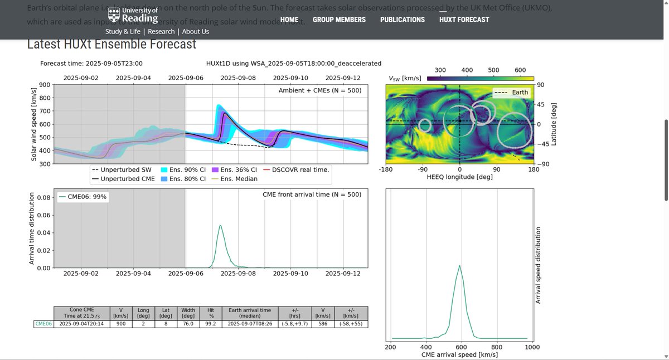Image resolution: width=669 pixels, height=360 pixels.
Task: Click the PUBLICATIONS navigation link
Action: pos(402,20)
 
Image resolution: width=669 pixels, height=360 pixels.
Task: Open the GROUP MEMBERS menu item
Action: pos(339,20)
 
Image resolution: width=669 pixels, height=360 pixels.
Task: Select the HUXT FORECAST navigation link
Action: pos(464,20)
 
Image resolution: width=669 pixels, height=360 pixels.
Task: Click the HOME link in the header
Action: pos(289,20)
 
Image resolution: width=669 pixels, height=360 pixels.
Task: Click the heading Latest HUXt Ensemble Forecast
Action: pos(111,44)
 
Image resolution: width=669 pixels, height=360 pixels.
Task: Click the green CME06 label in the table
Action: pos(43,324)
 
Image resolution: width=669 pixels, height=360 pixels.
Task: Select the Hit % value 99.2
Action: pos(210,324)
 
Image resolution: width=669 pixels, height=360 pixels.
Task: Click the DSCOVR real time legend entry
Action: pos(300,169)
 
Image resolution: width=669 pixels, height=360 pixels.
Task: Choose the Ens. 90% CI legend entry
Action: pos(179,169)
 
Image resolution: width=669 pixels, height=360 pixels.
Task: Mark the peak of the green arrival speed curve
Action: pos(459,265)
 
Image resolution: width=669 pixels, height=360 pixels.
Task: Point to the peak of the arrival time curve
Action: pos(220,226)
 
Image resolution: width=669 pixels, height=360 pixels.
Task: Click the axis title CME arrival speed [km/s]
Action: pos(459,355)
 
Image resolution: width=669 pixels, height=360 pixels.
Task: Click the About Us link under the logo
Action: pos(195,32)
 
